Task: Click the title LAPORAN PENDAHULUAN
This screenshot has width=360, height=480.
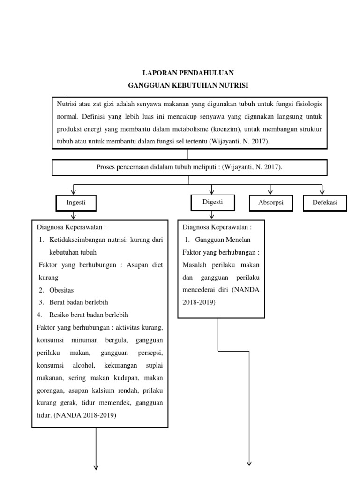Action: click(x=188, y=73)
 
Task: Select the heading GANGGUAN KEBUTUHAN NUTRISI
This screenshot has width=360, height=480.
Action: click(x=188, y=85)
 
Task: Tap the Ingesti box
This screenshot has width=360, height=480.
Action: click(x=76, y=203)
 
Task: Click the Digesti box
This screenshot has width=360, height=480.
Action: click(x=213, y=202)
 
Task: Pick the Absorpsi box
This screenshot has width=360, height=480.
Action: click(x=271, y=203)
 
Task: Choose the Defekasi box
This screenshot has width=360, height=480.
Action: click(x=325, y=203)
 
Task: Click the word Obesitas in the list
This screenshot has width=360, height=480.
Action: click(x=61, y=290)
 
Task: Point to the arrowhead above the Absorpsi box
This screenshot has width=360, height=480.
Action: click(x=270, y=191)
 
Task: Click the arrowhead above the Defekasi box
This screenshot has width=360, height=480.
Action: click(x=322, y=191)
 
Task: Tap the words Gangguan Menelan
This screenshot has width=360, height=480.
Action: click(x=223, y=240)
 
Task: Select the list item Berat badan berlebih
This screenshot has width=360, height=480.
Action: click(x=79, y=302)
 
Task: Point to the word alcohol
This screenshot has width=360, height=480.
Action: click(x=84, y=365)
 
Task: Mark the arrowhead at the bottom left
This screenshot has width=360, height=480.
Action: click(x=96, y=467)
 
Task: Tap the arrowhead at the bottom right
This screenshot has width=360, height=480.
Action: click(x=249, y=464)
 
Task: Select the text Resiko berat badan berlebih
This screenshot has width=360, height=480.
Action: click(x=89, y=315)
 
